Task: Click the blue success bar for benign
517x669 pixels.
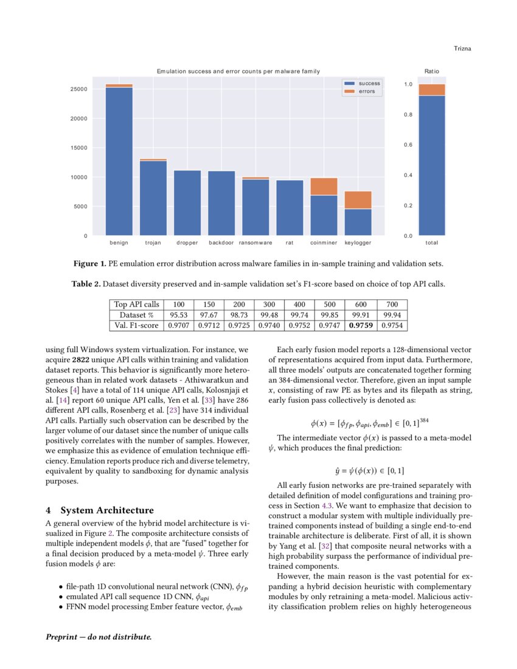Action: [119, 161]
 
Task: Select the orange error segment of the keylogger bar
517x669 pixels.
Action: [358, 200]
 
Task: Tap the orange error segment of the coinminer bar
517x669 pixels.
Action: [324, 186]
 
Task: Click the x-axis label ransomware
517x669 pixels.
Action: [255, 243]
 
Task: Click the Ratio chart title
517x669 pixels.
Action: [431, 71]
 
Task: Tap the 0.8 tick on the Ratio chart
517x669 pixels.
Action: [409, 115]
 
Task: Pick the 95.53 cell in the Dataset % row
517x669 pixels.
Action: [179, 315]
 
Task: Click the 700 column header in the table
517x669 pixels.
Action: [392, 304]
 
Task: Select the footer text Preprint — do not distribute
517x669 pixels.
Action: [99, 637]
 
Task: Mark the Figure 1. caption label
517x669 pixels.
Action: [91, 264]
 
